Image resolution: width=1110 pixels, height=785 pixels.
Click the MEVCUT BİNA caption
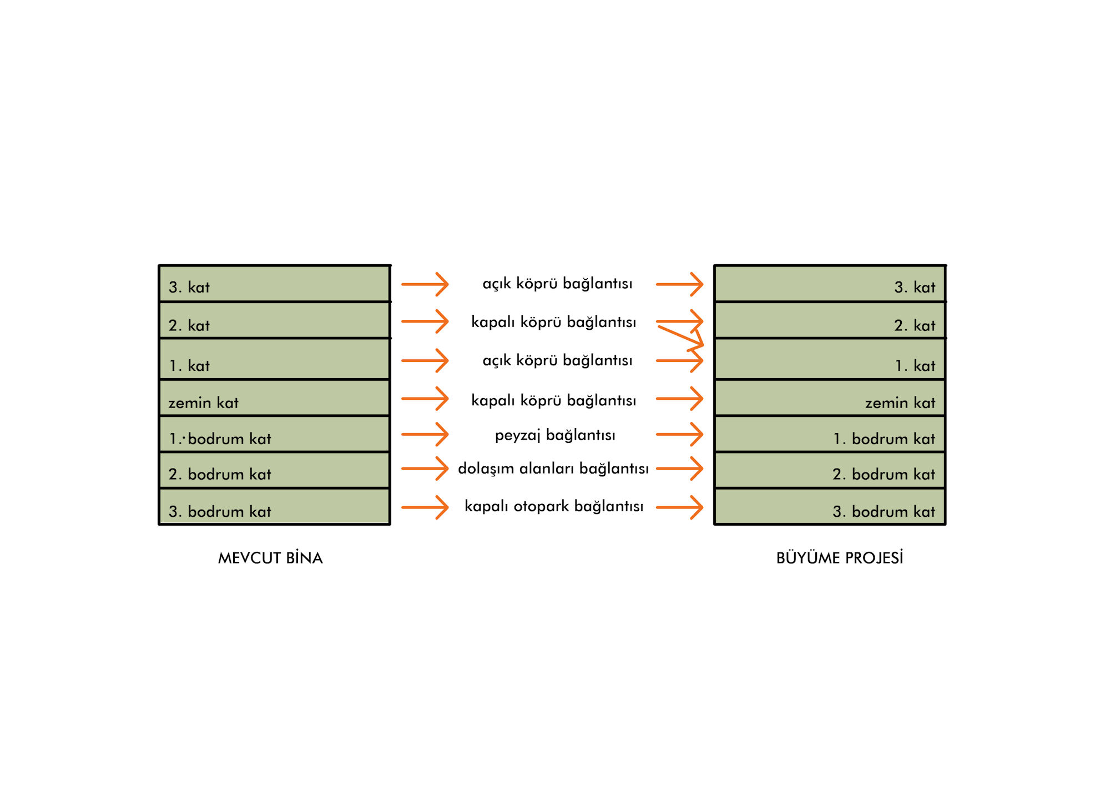[270, 558]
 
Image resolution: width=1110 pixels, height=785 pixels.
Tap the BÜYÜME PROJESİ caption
[839, 558]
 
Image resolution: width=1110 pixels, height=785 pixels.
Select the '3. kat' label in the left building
[189, 288]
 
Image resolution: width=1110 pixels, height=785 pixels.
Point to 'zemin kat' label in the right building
[900, 403]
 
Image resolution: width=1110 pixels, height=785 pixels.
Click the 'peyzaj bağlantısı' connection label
[555, 435]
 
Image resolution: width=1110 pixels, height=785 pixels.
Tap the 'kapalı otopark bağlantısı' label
[554, 506]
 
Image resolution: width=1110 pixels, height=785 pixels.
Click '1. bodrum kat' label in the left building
[220, 439]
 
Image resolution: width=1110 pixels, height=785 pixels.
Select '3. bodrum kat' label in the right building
[884, 512]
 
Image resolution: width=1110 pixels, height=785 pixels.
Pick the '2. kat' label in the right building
[915, 326]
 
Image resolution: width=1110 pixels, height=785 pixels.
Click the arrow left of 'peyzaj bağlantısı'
[425, 435]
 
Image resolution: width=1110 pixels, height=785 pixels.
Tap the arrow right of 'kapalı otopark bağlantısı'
[679, 507]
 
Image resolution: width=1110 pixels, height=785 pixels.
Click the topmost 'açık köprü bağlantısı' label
[557, 284]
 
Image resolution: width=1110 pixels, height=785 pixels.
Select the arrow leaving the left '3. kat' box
[425, 284]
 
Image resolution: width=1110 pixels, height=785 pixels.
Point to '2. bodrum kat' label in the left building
[220, 475]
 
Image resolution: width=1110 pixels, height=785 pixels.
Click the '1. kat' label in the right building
[915, 366]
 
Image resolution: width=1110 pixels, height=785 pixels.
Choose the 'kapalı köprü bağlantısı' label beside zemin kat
[553, 401]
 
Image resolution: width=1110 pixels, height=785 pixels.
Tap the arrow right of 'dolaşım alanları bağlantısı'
[679, 469]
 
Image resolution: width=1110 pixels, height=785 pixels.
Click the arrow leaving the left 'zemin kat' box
[425, 399]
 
